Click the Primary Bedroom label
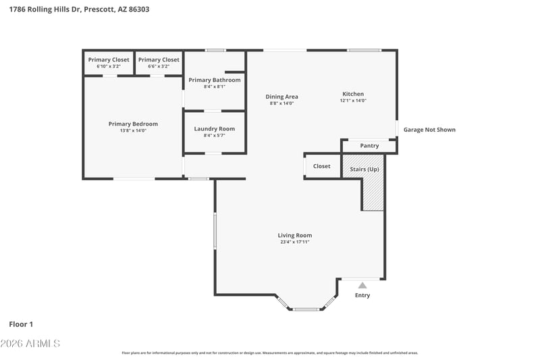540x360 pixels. click(133, 124)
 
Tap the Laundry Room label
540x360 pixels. click(214, 129)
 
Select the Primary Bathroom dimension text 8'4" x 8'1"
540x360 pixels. click(214, 87)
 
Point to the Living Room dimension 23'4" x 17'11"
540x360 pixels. click(295, 242)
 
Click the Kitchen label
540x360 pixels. click(353, 94)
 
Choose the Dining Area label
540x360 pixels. click(281, 97)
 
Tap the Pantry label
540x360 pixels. click(369, 146)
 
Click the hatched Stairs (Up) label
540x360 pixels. click(364, 170)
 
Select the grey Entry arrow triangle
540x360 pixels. click(362, 285)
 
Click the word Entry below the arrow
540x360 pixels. click(362, 295)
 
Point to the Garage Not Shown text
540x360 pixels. click(429, 130)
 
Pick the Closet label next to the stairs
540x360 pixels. click(322, 166)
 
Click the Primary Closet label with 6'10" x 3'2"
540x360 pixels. click(109, 60)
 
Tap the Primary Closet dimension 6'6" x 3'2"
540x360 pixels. click(159, 66)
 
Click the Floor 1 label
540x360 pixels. click(21, 324)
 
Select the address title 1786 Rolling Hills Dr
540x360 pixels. click(45, 9)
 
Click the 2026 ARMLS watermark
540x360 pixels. click(30, 344)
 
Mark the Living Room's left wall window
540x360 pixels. click(215, 231)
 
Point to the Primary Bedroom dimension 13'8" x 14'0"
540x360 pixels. click(133, 131)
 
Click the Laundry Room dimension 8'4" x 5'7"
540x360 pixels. click(214, 136)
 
